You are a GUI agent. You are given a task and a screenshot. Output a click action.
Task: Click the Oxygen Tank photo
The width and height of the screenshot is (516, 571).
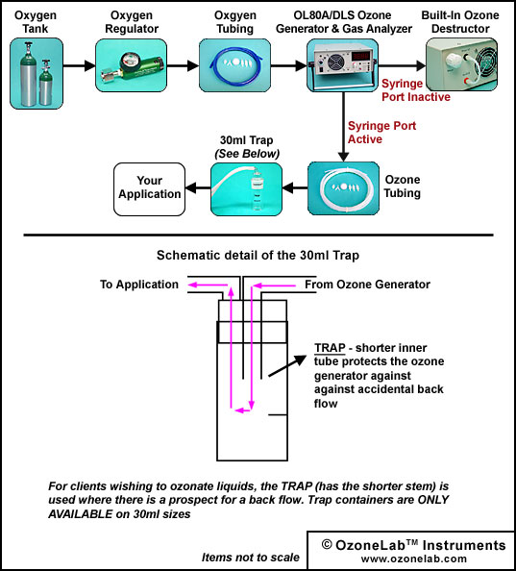(x=37, y=74)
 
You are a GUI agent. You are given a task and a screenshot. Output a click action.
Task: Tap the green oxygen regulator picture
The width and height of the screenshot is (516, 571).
(x=131, y=65)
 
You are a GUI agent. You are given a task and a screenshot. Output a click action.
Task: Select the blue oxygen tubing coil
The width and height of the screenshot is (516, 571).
(x=234, y=65)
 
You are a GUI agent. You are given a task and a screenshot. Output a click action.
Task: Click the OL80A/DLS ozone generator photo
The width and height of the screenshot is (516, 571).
(x=342, y=65)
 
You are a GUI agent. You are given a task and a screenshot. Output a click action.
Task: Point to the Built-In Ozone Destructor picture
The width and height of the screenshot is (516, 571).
(x=462, y=64)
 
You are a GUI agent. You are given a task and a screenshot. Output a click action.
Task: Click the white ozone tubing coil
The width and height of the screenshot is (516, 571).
(x=343, y=188)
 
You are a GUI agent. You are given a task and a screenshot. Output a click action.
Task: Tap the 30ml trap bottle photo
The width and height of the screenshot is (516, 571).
(x=246, y=189)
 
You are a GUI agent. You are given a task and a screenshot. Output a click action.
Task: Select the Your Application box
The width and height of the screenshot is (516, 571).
(x=149, y=189)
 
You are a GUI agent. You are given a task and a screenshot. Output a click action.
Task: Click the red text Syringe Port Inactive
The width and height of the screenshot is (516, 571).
(x=415, y=90)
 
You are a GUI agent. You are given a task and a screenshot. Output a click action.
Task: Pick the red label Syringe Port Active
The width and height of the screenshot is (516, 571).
(x=381, y=133)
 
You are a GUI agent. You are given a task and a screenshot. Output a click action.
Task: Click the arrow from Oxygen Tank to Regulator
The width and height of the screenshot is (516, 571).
(x=80, y=65)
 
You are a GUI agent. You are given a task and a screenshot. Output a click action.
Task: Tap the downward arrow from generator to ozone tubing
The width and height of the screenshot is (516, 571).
(x=343, y=127)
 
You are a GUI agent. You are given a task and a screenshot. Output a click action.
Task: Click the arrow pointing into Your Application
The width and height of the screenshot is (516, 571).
(x=198, y=188)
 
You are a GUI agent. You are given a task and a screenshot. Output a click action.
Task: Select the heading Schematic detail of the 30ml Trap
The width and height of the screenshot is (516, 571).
(x=258, y=256)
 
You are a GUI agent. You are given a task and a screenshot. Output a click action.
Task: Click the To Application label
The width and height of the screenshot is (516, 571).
(x=139, y=285)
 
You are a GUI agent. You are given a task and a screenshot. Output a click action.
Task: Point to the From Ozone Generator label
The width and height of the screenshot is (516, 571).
(x=367, y=284)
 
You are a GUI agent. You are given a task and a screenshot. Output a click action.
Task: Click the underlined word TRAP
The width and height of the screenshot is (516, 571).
(x=330, y=348)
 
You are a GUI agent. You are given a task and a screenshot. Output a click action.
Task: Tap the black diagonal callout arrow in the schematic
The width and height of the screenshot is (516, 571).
(x=287, y=365)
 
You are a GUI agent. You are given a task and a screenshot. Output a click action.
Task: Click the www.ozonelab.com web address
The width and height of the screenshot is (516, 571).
(x=414, y=559)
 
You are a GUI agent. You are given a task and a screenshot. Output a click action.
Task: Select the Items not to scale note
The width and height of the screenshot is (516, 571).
(x=251, y=558)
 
